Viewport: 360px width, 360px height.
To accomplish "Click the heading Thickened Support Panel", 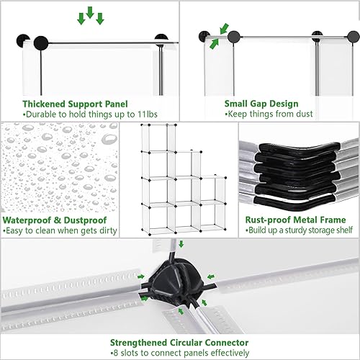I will click(70, 103).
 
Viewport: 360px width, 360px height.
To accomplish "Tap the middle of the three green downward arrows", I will click(91, 12).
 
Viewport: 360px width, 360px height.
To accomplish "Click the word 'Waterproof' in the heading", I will click(28, 220).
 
